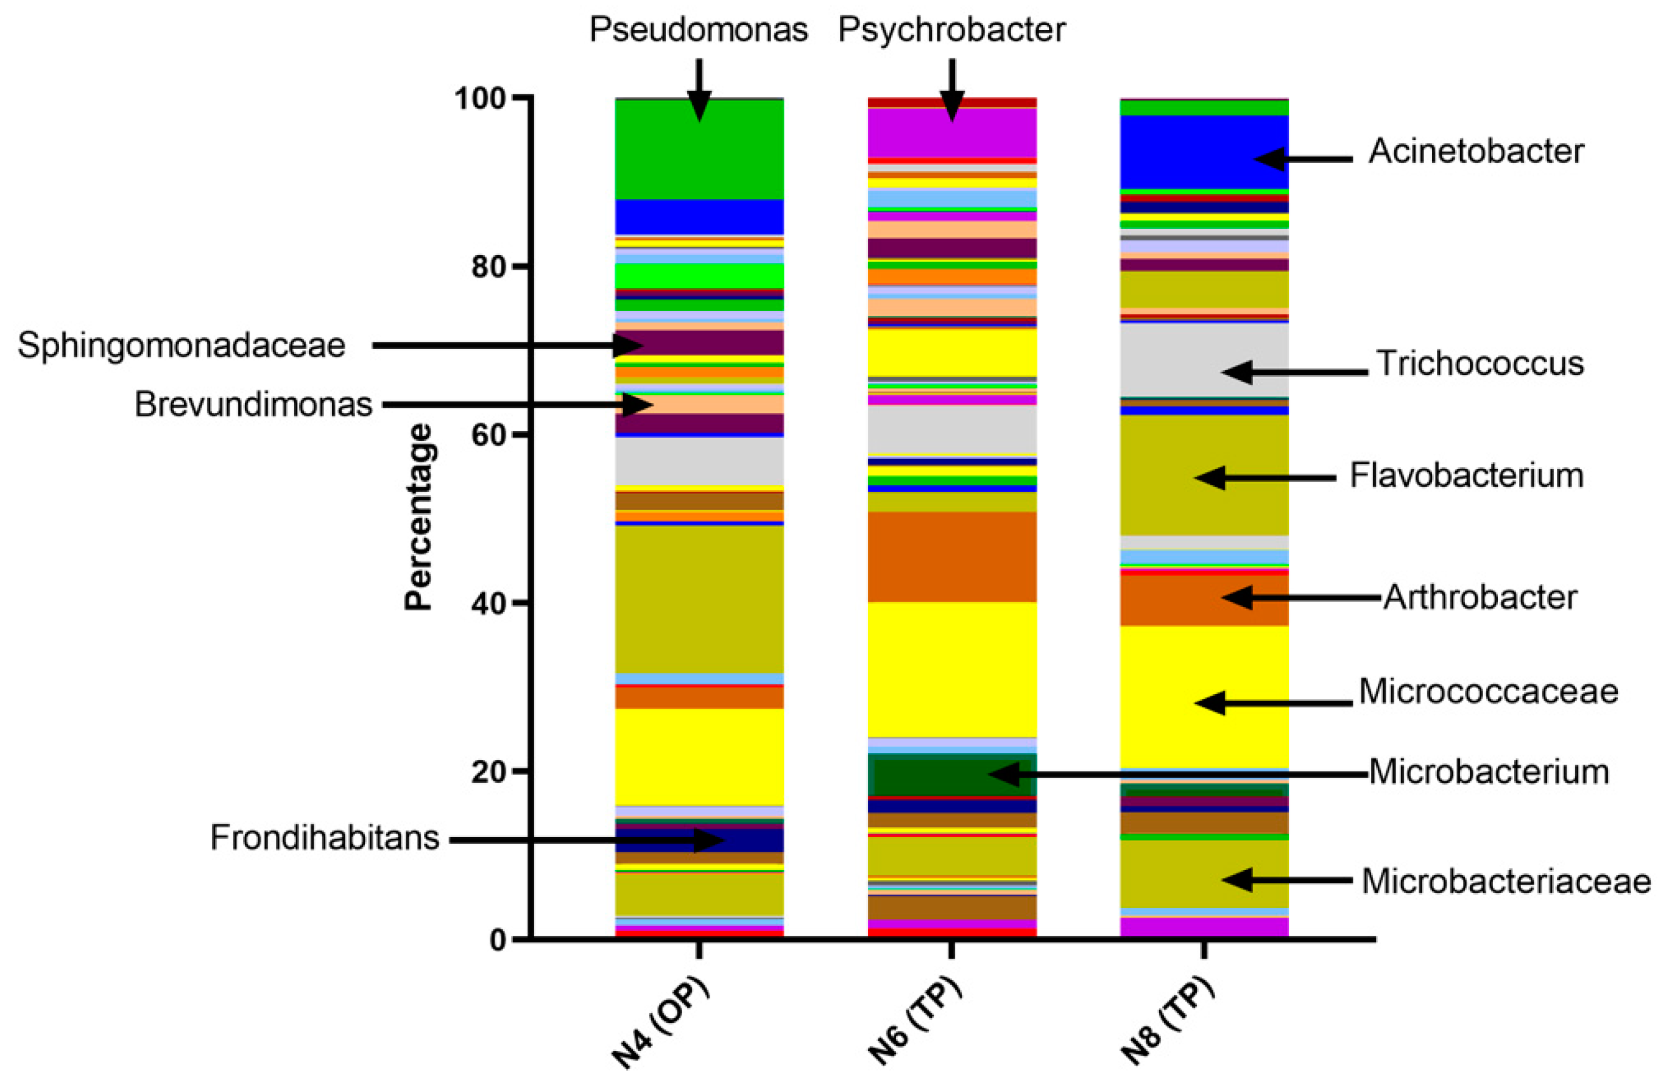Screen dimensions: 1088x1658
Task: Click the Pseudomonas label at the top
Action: click(698, 30)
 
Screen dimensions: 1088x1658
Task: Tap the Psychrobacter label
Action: click(951, 30)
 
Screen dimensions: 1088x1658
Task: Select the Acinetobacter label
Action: click(1475, 152)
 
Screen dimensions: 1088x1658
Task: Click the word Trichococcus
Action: click(1480, 363)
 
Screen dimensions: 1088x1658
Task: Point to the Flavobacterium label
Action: click(1466, 476)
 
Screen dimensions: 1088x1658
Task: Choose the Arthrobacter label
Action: click(1480, 597)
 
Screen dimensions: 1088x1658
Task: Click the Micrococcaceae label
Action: click(1488, 692)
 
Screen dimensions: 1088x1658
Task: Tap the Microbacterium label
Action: click(1489, 772)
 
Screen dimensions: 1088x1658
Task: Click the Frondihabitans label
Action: click(325, 838)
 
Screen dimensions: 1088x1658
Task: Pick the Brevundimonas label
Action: click(253, 405)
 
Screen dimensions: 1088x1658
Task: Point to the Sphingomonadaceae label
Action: click(182, 345)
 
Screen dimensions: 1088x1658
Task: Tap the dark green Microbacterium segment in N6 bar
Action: click(951, 777)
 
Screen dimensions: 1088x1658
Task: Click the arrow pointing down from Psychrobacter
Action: click(951, 91)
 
